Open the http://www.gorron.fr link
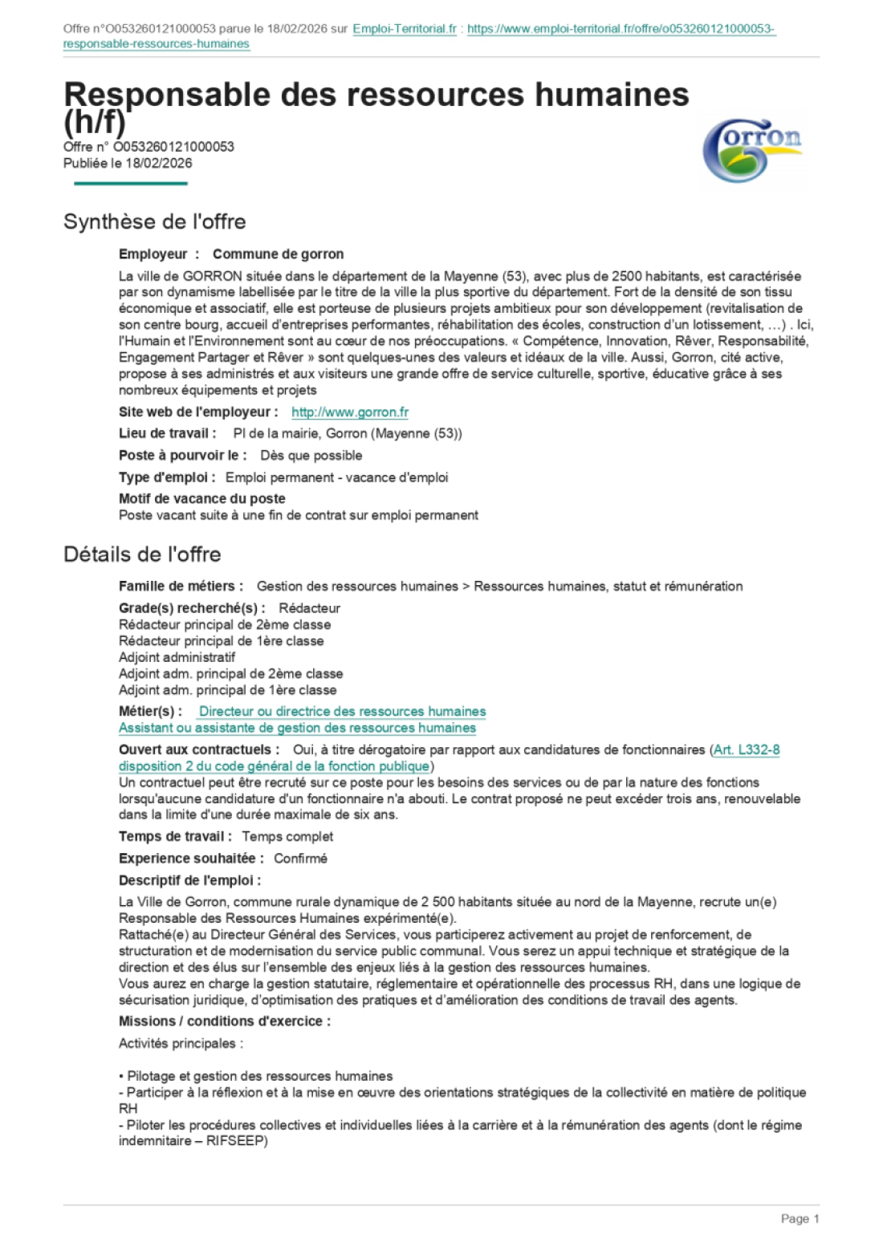point(349,412)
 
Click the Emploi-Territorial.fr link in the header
point(404,29)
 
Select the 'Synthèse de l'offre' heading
point(154,221)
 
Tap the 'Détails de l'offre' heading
point(142,554)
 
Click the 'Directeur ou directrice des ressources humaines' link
point(342,712)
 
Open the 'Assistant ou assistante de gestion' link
point(297,728)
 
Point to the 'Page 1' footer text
point(800,1219)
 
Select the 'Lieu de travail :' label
point(168,433)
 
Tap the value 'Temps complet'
point(287,836)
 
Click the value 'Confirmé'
point(300,859)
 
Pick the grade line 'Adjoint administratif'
point(177,657)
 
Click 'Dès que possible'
point(311,456)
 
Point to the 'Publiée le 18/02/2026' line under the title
point(128,164)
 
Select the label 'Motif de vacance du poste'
point(201,498)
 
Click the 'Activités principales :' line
point(181,1044)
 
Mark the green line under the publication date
point(130,184)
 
